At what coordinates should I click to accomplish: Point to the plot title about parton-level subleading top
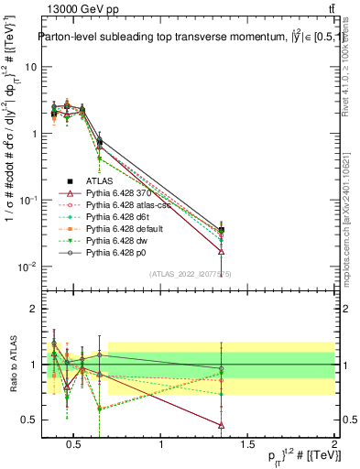click(183, 37)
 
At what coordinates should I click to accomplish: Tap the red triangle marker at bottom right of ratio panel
click(247, 425)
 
